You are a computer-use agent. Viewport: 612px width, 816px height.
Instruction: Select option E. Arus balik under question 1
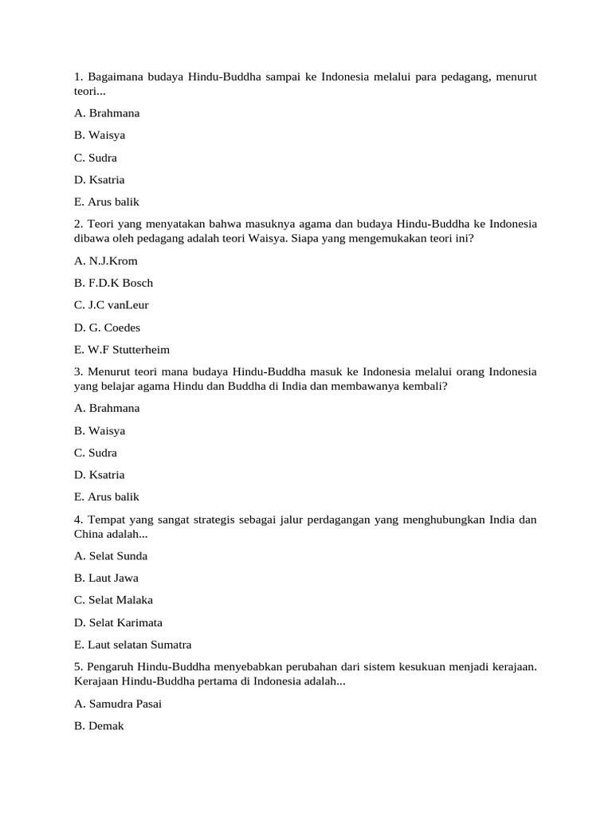pos(106,202)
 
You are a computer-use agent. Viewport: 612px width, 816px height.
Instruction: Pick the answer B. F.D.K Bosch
pos(113,283)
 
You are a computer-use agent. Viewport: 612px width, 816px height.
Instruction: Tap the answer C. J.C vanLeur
pos(111,305)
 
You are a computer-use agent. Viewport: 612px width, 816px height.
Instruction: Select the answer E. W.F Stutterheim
pos(121,350)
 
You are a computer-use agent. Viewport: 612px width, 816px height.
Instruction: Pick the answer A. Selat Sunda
pos(110,556)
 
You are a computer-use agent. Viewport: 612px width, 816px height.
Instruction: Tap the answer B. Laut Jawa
pos(106,579)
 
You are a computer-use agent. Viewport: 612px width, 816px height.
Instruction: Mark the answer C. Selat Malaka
pos(113,600)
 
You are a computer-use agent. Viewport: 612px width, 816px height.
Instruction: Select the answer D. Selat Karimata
pos(116,622)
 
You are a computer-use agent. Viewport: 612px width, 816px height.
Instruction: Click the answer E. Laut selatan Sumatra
pos(132,645)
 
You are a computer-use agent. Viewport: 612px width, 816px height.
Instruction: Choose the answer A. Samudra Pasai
pos(118,704)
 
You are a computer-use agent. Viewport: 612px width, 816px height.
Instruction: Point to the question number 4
pos(78,520)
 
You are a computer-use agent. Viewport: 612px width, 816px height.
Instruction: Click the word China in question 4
pos(88,533)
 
